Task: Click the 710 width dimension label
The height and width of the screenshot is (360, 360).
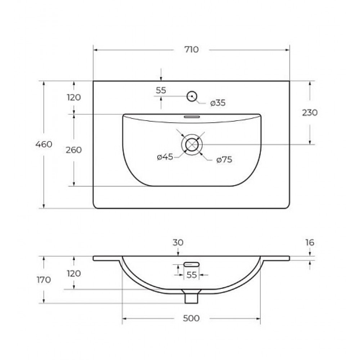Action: click(x=192, y=50)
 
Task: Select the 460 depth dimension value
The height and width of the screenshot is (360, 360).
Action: click(x=44, y=144)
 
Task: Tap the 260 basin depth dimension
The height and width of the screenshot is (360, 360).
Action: click(x=74, y=150)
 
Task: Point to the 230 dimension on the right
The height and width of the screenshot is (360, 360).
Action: click(x=310, y=113)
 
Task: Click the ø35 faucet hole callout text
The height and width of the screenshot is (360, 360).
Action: click(x=218, y=103)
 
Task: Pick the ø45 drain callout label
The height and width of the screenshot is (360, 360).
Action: click(x=165, y=157)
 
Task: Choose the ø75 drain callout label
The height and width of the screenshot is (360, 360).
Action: click(x=224, y=159)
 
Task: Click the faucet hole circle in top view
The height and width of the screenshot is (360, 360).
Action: click(x=192, y=96)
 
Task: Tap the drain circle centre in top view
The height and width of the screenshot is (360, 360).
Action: click(x=192, y=145)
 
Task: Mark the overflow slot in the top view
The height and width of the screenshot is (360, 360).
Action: click(x=192, y=117)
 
